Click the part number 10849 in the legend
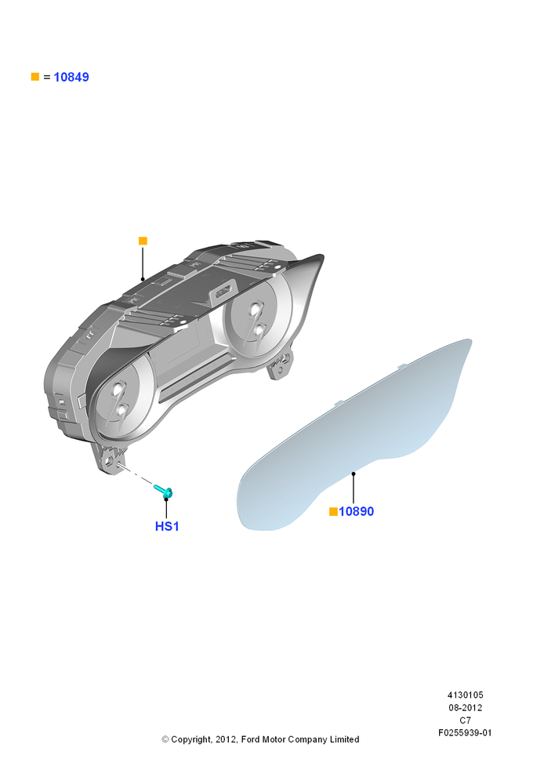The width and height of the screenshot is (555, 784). point(71,77)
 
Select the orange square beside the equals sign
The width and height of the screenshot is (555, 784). point(35,77)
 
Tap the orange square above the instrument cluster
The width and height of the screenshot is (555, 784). point(143,241)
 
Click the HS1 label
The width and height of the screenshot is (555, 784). point(167,527)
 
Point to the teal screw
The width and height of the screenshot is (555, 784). point(164,491)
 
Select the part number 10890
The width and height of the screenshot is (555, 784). point(357,511)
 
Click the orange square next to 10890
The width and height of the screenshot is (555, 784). point(333,511)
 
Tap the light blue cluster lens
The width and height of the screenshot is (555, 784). point(354,435)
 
